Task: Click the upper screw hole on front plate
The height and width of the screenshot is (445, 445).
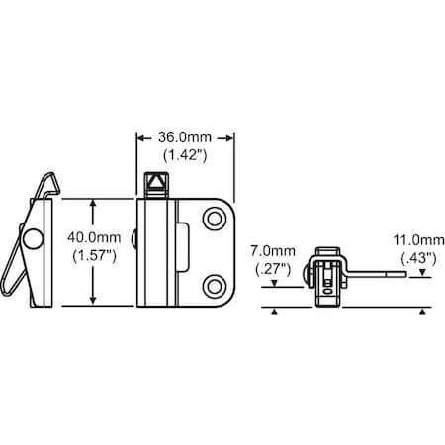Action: click(213, 219)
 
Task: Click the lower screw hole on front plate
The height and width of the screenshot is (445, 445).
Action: click(213, 286)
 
